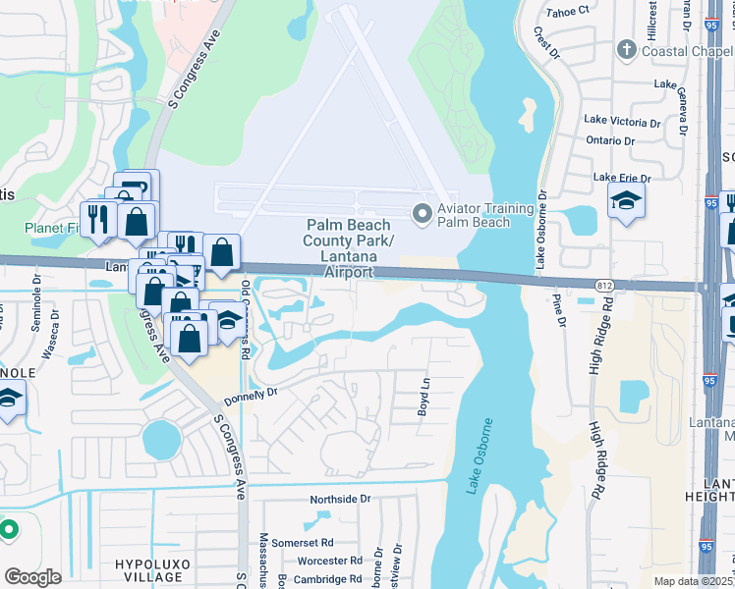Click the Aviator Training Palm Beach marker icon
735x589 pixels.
423,212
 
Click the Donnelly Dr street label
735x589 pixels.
252,396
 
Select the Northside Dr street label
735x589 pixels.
340,499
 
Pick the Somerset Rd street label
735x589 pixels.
304,542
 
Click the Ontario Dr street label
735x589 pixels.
609,140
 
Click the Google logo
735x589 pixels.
32,577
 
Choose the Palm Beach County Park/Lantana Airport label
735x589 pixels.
348,247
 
